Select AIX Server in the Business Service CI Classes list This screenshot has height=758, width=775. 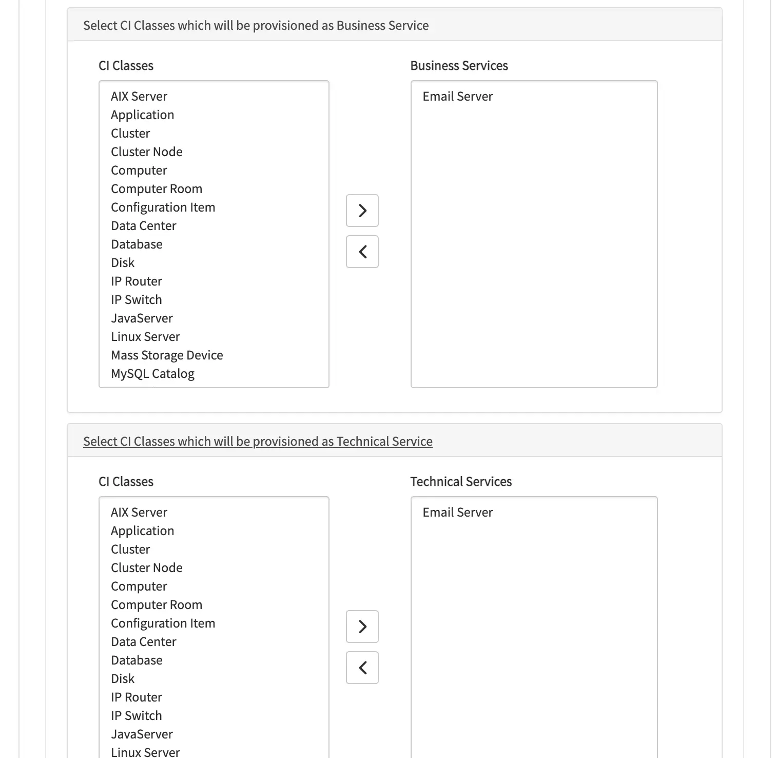139,97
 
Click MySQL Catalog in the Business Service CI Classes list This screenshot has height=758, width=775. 152,374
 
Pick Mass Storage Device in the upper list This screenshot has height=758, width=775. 167,355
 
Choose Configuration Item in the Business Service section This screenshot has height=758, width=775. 163,207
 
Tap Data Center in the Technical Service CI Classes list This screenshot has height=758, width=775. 143,642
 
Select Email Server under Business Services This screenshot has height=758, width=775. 457,97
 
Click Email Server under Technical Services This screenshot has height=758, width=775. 457,513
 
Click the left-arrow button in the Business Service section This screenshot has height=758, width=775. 362,252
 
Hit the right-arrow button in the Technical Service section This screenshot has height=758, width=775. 362,627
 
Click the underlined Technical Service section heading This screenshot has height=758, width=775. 258,442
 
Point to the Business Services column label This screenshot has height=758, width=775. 459,66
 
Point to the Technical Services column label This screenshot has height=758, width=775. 461,482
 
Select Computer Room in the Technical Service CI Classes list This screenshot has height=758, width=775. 157,605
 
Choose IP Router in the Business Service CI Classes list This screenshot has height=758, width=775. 137,281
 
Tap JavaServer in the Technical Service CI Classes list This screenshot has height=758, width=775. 142,734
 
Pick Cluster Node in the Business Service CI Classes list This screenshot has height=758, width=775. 147,152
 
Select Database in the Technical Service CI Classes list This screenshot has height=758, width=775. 137,660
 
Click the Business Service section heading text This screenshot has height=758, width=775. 256,26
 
